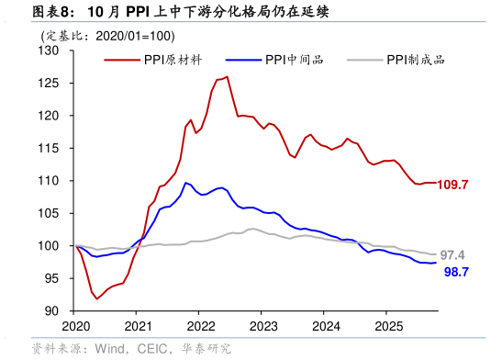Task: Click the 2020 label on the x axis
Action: (x=75, y=327)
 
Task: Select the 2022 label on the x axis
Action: (x=201, y=327)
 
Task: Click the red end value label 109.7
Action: (x=452, y=185)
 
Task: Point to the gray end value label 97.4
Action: (x=452, y=255)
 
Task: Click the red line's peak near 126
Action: (x=227, y=77)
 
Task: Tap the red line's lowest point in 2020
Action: (x=97, y=298)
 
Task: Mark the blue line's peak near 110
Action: (x=185, y=182)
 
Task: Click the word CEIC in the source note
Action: (x=152, y=349)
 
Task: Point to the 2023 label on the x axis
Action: (x=263, y=327)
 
